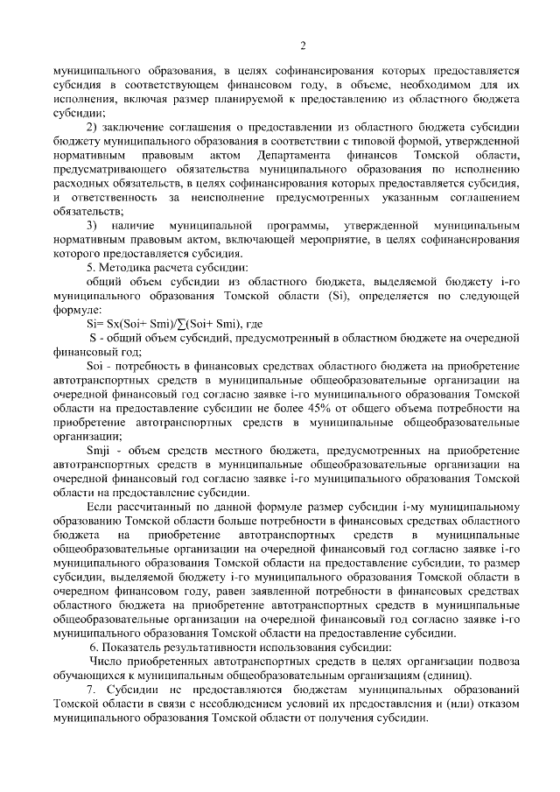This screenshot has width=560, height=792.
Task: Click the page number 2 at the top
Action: click(302, 46)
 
